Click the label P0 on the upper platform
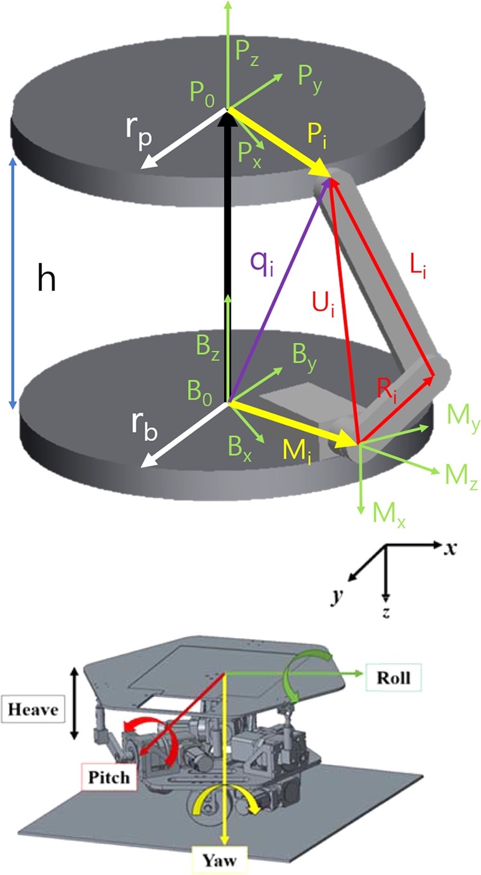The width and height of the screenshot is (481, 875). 201,93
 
